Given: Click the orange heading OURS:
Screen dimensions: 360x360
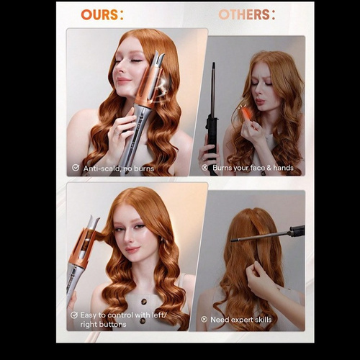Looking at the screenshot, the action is [102, 14].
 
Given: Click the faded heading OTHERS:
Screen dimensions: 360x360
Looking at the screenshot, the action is [246, 14].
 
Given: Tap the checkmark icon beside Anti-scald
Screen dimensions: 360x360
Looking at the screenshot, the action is [76, 168].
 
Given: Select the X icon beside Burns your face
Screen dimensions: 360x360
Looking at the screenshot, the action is [204, 168].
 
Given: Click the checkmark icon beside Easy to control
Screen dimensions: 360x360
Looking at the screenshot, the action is [74, 315].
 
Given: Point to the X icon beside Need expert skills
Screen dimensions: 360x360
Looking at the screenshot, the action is [204, 320].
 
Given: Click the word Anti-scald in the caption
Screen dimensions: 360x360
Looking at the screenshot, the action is [102, 168].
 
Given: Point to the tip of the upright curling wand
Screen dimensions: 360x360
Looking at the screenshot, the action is [213, 63].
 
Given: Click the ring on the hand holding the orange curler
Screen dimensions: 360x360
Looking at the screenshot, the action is [116, 132].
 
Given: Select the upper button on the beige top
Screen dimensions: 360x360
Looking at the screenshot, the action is [145, 302].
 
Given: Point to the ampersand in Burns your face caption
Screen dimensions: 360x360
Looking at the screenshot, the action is [269, 168].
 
